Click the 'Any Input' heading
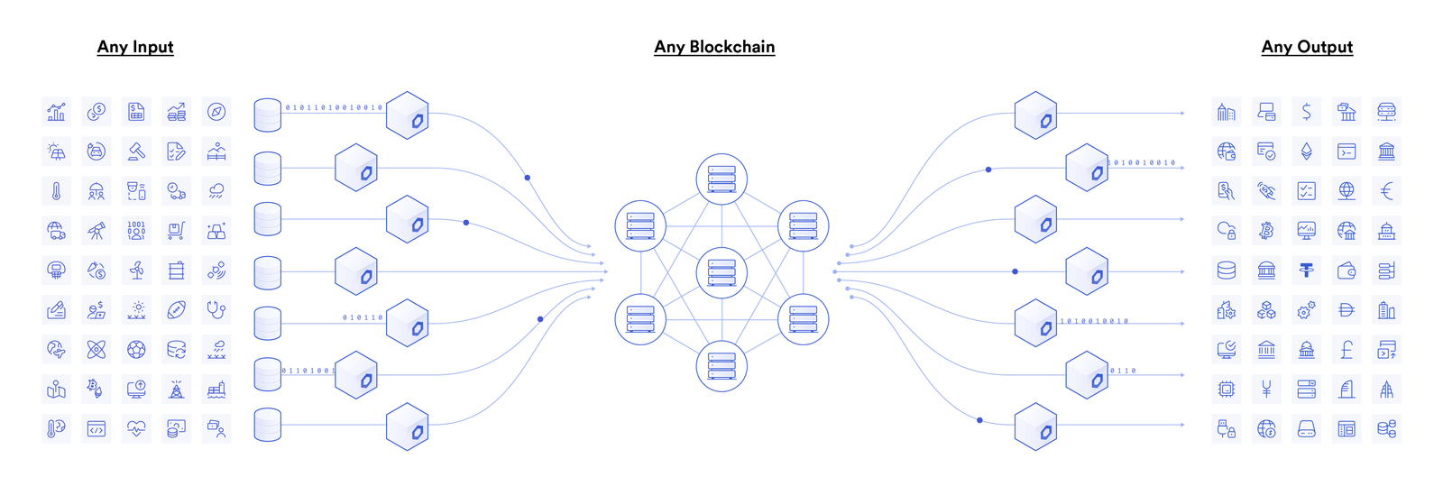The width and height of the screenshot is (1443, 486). [x=135, y=47]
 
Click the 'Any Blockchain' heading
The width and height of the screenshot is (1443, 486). [x=714, y=47]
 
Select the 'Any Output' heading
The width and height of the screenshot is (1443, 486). [x=1307, y=47]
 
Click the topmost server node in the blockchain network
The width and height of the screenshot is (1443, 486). [x=721, y=179]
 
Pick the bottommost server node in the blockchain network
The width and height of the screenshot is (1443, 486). [x=721, y=366]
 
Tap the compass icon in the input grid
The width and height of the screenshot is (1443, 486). [x=216, y=112]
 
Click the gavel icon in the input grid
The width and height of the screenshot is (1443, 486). [x=136, y=151]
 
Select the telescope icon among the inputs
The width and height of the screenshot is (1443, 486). [x=97, y=231]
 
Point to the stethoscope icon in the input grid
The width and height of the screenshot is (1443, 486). [x=216, y=310]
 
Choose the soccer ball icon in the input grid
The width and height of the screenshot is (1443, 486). [x=136, y=349]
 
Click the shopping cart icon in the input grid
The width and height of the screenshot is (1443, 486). [x=176, y=231]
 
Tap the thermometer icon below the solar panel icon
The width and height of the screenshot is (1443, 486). [x=56, y=191]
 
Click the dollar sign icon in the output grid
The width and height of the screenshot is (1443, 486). [x=1307, y=112]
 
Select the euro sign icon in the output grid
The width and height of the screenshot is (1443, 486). [x=1387, y=191]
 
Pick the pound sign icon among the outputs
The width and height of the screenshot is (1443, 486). [x=1346, y=349]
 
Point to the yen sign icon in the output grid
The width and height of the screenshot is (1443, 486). [x=1266, y=390]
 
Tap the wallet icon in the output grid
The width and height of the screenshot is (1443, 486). [x=1346, y=270]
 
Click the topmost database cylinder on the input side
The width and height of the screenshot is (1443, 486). [x=268, y=115]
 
